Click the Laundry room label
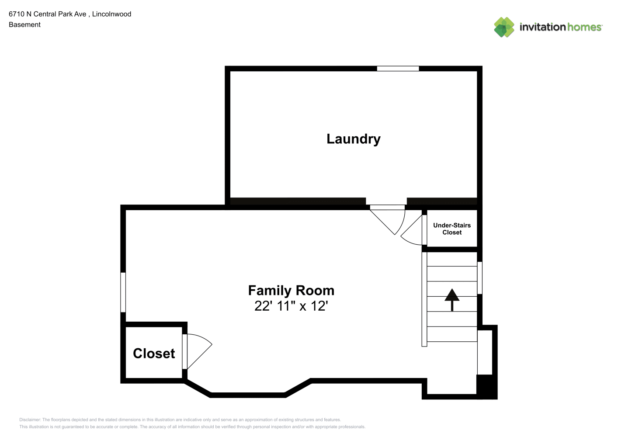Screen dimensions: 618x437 coord(354,139)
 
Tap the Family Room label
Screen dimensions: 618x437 coord(291,291)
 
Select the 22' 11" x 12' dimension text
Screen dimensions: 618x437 coord(291,306)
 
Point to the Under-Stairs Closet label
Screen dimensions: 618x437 coord(452,229)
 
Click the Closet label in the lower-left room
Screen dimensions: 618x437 coord(154,354)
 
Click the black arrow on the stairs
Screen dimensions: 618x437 coord(452,300)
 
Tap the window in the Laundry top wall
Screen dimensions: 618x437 coord(398,69)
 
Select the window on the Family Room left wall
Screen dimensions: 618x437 coord(123,292)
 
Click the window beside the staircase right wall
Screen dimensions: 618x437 coord(480,278)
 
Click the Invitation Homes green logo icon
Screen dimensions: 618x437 coord(504,27)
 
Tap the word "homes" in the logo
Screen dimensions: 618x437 coord(584,27)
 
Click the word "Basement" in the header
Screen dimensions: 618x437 coord(24,24)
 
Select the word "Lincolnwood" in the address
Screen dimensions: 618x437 coord(112,14)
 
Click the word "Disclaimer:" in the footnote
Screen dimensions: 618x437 coord(30,420)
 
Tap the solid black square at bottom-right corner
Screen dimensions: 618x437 coord(487,387)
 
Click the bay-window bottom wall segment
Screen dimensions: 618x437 coord(248,395)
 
